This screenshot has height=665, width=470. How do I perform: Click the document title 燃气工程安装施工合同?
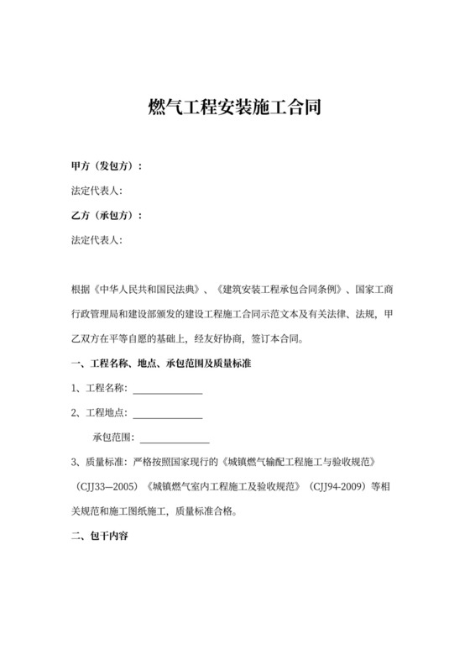click(235, 108)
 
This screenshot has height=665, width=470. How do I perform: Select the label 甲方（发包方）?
click(106, 166)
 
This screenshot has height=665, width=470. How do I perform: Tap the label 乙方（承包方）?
click(106, 216)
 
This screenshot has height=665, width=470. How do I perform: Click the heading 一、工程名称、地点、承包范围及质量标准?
click(163, 364)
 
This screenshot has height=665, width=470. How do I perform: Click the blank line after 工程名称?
click(168, 389)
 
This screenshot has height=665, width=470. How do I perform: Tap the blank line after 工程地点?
click(168, 413)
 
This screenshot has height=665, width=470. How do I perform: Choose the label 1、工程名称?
click(99, 389)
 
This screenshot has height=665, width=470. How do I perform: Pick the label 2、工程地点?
click(99, 413)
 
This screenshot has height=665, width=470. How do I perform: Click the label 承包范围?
click(112, 437)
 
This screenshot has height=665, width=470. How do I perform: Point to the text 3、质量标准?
click(99, 462)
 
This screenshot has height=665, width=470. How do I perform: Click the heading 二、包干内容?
click(99, 536)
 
